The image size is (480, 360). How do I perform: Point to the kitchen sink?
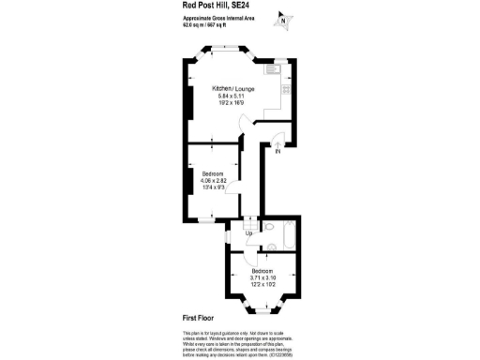(x=279, y=67)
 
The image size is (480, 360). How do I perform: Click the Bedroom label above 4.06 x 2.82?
(x=214, y=173)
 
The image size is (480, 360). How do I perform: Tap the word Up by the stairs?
(x=248, y=232)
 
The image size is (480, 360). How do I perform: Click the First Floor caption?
(x=200, y=320)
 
